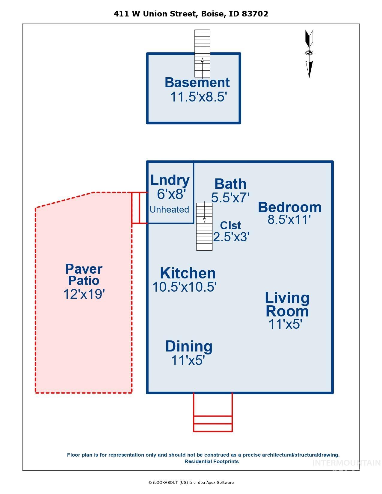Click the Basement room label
pyautogui.click(x=197, y=83)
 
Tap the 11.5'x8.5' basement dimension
pyautogui.click(x=199, y=97)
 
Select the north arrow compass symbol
pyautogui.click(x=309, y=54)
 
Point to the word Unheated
pyautogui.click(x=169, y=209)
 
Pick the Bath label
pyautogui.click(x=230, y=184)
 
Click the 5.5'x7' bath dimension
pyautogui.click(x=230, y=197)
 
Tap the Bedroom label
pyautogui.click(x=290, y=207)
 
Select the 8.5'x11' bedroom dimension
pyautogui.click(x=289, y=220)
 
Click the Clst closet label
pyautogui.click(x=230, y=225)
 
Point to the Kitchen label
pyautogui.click(x=188, y=273)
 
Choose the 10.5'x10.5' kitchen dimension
pyautogui.click(x=184, y=287)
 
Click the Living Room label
pyautogui.click(x=287, y=304)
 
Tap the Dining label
pyautogui.click(x=189, y=347)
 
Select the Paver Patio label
pyautogui.click(x=84, y=275)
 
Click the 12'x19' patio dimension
pyautogui.click(x=84, y=294)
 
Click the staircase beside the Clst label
pyautogui.click(x=204, y=227)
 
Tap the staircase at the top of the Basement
pyautogui.click(x=202, y=54)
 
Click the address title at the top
pyautogui.click(x=191, y=14)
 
